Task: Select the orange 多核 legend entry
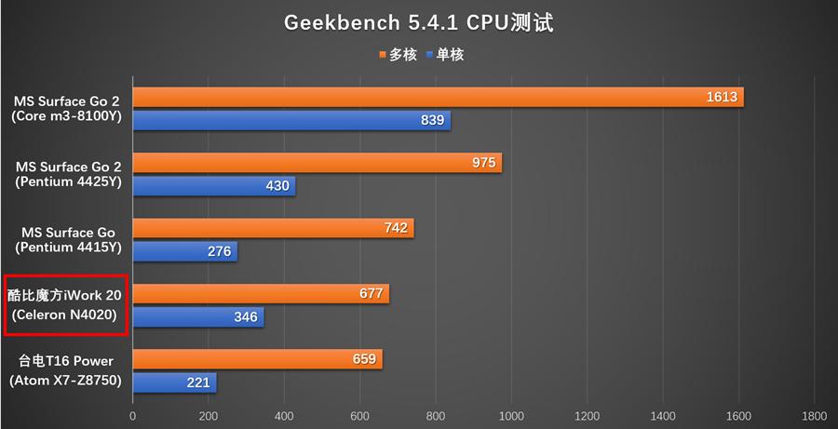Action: (x=398, y=55)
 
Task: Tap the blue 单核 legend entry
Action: (x=444, y=55)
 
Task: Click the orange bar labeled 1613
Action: (x=438, y=97)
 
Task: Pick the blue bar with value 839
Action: (x=291, y=120)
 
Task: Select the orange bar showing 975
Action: (x=317, y=163)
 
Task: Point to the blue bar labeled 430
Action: (x=214, y=186)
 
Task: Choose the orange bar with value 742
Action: (x=273, y=228)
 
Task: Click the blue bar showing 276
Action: (x=184, y=251)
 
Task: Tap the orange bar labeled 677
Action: (x=261, y=294)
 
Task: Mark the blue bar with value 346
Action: (x=198, y=317)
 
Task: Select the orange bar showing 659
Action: (x=257, y=359)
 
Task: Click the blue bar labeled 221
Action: (x=174, y=382)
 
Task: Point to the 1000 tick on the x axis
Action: (x=511, y=416)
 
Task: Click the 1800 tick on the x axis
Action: (x=814, y=416)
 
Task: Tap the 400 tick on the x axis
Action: (x=284, y=416)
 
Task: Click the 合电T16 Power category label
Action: (x=65, y=361)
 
